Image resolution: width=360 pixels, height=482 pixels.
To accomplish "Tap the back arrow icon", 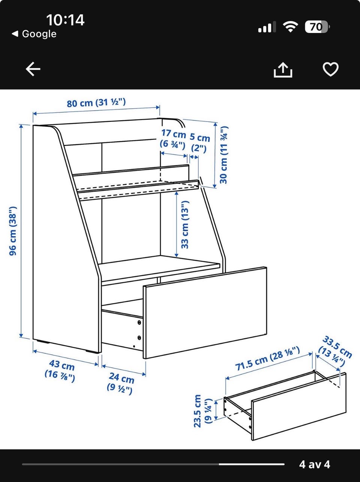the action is pos(33,69).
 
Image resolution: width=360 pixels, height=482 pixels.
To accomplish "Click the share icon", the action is pos(283,70).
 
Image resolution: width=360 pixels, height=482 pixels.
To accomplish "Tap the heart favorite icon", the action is pos(330,69).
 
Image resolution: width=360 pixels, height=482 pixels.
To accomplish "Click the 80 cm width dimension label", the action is pos(96,103).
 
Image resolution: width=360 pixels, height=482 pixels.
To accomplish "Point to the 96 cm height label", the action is pos(13,231).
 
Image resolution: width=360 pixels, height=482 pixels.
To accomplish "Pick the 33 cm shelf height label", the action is pos(185,225).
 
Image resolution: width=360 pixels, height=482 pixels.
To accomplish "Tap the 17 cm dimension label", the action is pos(174,139).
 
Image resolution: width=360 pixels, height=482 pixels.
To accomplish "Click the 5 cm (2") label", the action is pos(199,143).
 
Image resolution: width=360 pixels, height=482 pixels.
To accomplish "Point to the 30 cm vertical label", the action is pos(224,155).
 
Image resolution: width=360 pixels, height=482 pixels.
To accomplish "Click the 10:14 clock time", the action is pos(66,20).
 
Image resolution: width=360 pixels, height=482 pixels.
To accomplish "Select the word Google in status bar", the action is pos(39,34).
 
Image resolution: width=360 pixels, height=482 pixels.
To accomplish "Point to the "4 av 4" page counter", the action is pos(314,464).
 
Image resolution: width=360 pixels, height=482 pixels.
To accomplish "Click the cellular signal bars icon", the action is pos(267,27).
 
